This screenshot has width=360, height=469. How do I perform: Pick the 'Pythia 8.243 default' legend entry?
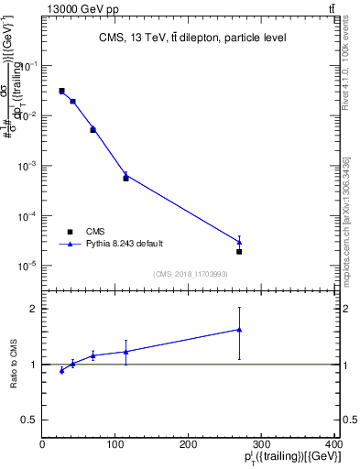125,244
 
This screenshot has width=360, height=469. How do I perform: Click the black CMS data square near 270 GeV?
239,251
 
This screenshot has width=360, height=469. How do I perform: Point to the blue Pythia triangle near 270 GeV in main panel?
239,242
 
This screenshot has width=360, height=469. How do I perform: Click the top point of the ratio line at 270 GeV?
239,330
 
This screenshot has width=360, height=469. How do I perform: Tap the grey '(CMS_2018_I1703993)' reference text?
191,274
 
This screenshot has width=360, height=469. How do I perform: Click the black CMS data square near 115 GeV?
125,179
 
